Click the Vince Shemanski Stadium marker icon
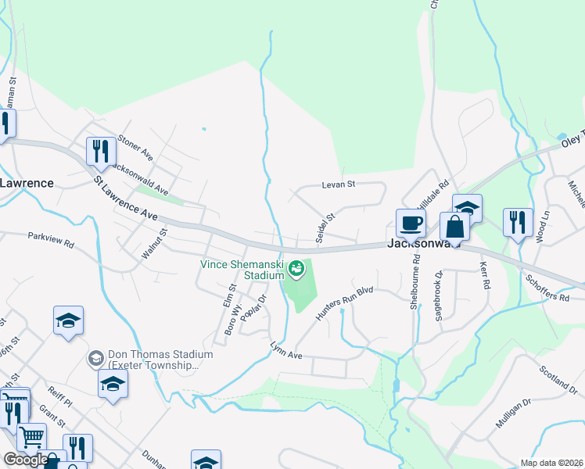296,270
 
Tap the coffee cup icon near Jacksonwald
411,224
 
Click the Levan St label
339,185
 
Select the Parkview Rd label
50,239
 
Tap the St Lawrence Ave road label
126,199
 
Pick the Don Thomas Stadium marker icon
95,358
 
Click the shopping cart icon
31,437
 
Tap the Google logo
25,460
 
